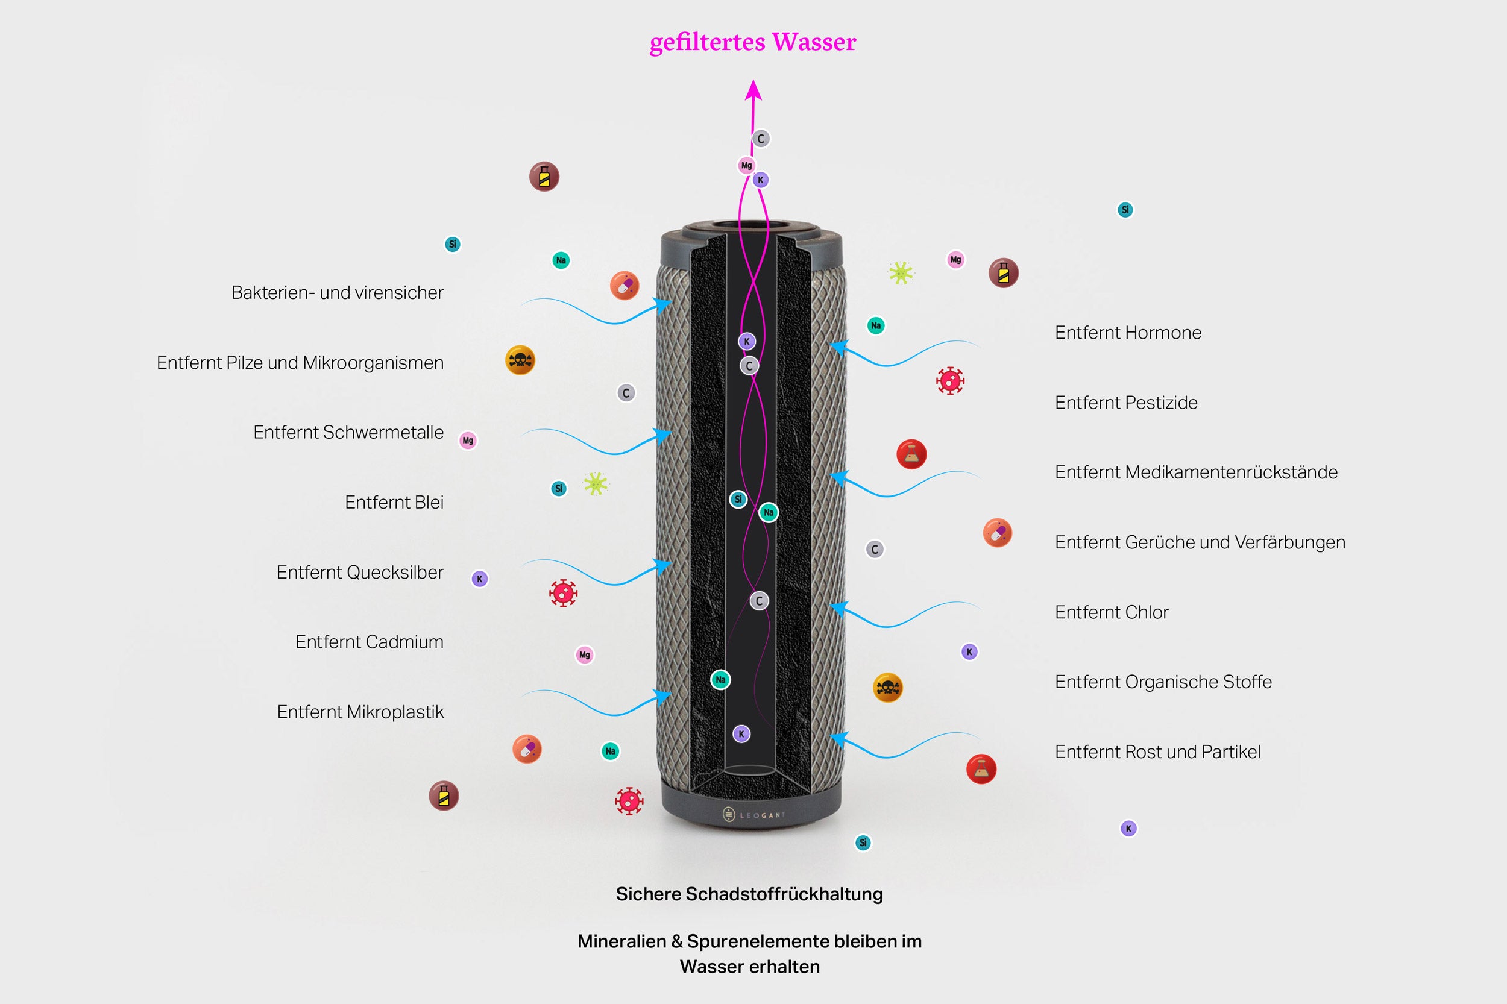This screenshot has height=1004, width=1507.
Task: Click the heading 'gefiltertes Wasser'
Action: (752, 42)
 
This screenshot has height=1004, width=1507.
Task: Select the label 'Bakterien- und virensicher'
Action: (337, 293)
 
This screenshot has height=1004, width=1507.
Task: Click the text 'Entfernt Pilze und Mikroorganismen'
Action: (300, 362)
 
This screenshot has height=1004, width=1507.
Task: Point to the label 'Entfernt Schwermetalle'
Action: (348, 432)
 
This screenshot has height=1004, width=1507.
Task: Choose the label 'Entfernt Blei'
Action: (394, 502)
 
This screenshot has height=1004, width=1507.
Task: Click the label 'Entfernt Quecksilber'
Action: (359, 572)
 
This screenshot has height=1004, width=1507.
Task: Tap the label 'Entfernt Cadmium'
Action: (369, 642)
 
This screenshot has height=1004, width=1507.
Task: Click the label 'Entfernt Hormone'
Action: (1128, 332)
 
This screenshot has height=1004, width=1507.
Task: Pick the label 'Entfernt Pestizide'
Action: (1126, 402)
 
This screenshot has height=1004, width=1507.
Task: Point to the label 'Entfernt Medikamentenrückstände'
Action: (1196, 472)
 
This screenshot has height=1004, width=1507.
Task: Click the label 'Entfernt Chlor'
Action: (1111, 612)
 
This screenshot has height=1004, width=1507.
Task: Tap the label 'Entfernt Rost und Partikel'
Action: (1157, 751)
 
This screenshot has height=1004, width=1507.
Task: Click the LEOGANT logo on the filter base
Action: (753, 815)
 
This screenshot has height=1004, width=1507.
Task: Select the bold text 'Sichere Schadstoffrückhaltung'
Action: (749, 894)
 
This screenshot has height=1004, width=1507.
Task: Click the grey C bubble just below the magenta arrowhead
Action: (761, 139)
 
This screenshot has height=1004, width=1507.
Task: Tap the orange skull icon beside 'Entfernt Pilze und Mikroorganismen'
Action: (520, 360)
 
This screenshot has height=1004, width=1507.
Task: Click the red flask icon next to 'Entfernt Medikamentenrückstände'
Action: (911, 454)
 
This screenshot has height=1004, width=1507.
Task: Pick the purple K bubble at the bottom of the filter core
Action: (741, 734)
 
